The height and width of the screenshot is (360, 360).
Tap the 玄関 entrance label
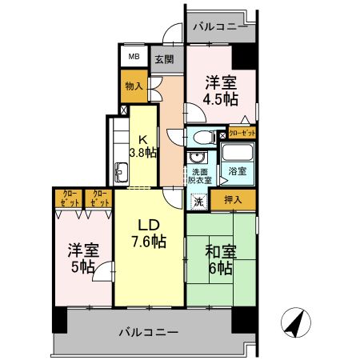(x=162, y=58)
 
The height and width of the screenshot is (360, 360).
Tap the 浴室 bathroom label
(x=237, y=172)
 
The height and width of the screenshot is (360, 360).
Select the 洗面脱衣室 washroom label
(x=200, y=176)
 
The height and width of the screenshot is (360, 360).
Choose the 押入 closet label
(x=233, y=199)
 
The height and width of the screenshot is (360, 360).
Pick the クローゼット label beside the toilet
(x=242, y=135)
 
